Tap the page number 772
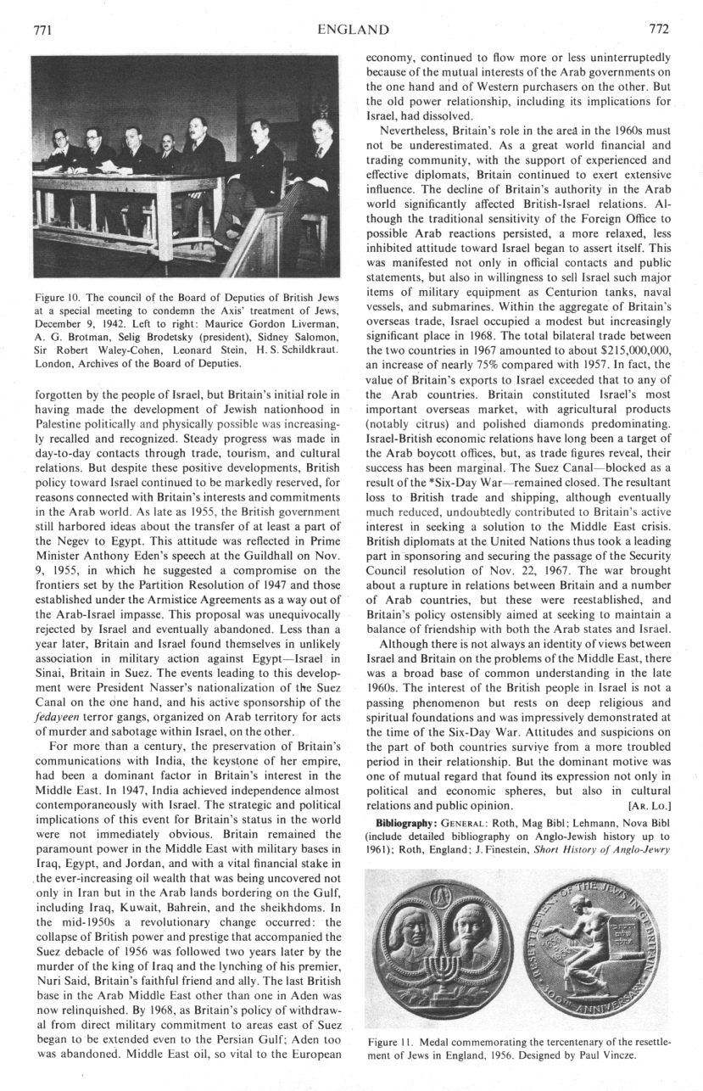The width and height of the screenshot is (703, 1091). [658, 30]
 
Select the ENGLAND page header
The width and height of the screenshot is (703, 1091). [353, 31]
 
